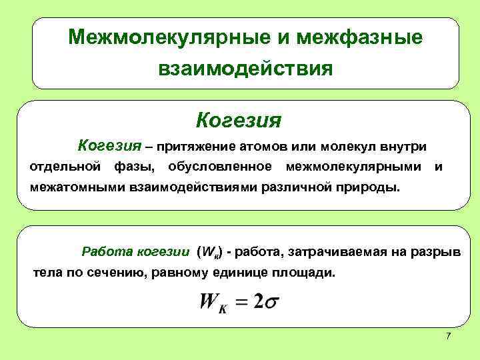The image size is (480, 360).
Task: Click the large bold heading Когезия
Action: tap(239, 121)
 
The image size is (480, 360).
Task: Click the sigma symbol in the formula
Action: tap(271, 301)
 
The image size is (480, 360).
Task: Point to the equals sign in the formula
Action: tap(241, 302)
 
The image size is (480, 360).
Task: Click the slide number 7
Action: tap(448, 335)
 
